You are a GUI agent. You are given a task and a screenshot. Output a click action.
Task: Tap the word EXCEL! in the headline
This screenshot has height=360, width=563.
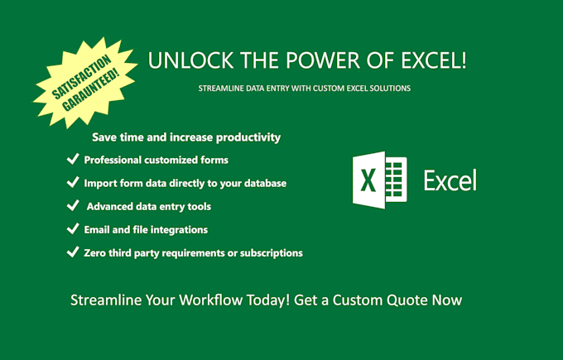click(x=440, y=60)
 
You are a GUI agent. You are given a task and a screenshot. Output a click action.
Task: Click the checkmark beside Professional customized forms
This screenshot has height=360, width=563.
click(x=72, y=159)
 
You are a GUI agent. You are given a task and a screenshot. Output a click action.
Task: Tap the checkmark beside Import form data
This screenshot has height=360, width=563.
click(x=72, y=182)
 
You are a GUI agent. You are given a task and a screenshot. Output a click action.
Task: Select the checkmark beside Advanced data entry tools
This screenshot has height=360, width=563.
click(x=72, y=206)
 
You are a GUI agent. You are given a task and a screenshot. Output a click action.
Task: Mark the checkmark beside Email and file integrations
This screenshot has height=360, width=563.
click(x=72, y=229)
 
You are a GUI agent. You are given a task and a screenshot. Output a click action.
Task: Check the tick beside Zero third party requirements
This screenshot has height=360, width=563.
click(x=72, y=252)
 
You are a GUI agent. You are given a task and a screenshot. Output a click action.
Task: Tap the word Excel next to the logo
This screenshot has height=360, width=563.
click(x=450, y=180)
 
